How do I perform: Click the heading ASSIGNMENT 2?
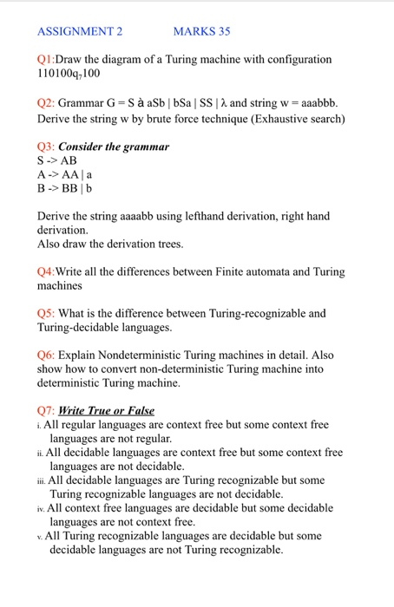click(80, 32)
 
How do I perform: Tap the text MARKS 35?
click(201, 32)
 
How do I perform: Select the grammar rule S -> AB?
click(57, 160)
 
